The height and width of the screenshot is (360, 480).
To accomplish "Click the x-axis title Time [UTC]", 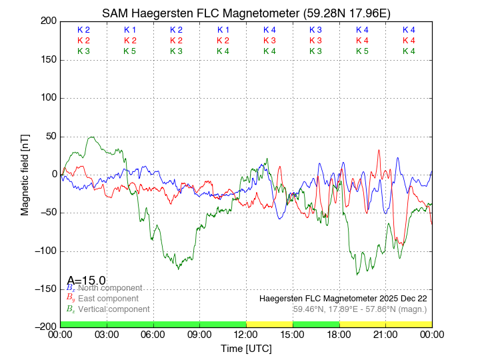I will pyautogui.click(x=246, y=349).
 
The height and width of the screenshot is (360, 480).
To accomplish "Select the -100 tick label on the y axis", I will pyautogui.click(x=44, y=251).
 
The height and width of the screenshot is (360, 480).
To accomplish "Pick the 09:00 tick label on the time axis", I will pyautogui.click(x=199, y=334).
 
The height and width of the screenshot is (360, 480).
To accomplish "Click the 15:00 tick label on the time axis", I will pyautogui.click(x=293, y=334).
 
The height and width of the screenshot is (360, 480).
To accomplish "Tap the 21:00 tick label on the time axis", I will pyautogui.click(x=385, y=334).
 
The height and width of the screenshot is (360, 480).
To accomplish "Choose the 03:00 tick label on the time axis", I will pyautogui.click(x=107, y=334).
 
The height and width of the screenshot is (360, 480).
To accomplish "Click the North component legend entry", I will pyautogui.click(x=107, y=287).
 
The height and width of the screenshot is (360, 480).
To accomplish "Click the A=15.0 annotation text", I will pyautogui.click(x=86, y=281).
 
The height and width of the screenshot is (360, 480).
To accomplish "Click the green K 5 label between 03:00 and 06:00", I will pyautogui.click(x=130, y=51).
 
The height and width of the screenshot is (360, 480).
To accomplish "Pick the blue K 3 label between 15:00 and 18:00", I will pyautogui.click(x=316, y=30).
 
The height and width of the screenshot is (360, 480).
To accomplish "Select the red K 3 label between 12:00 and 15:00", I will pyautogui.click(x=269, y=41).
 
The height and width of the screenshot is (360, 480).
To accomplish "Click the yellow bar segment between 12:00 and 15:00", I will pyautogui.click(x=269, y=324).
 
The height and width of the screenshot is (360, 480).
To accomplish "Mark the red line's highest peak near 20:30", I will pyautogui.click(x=379, y=150).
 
